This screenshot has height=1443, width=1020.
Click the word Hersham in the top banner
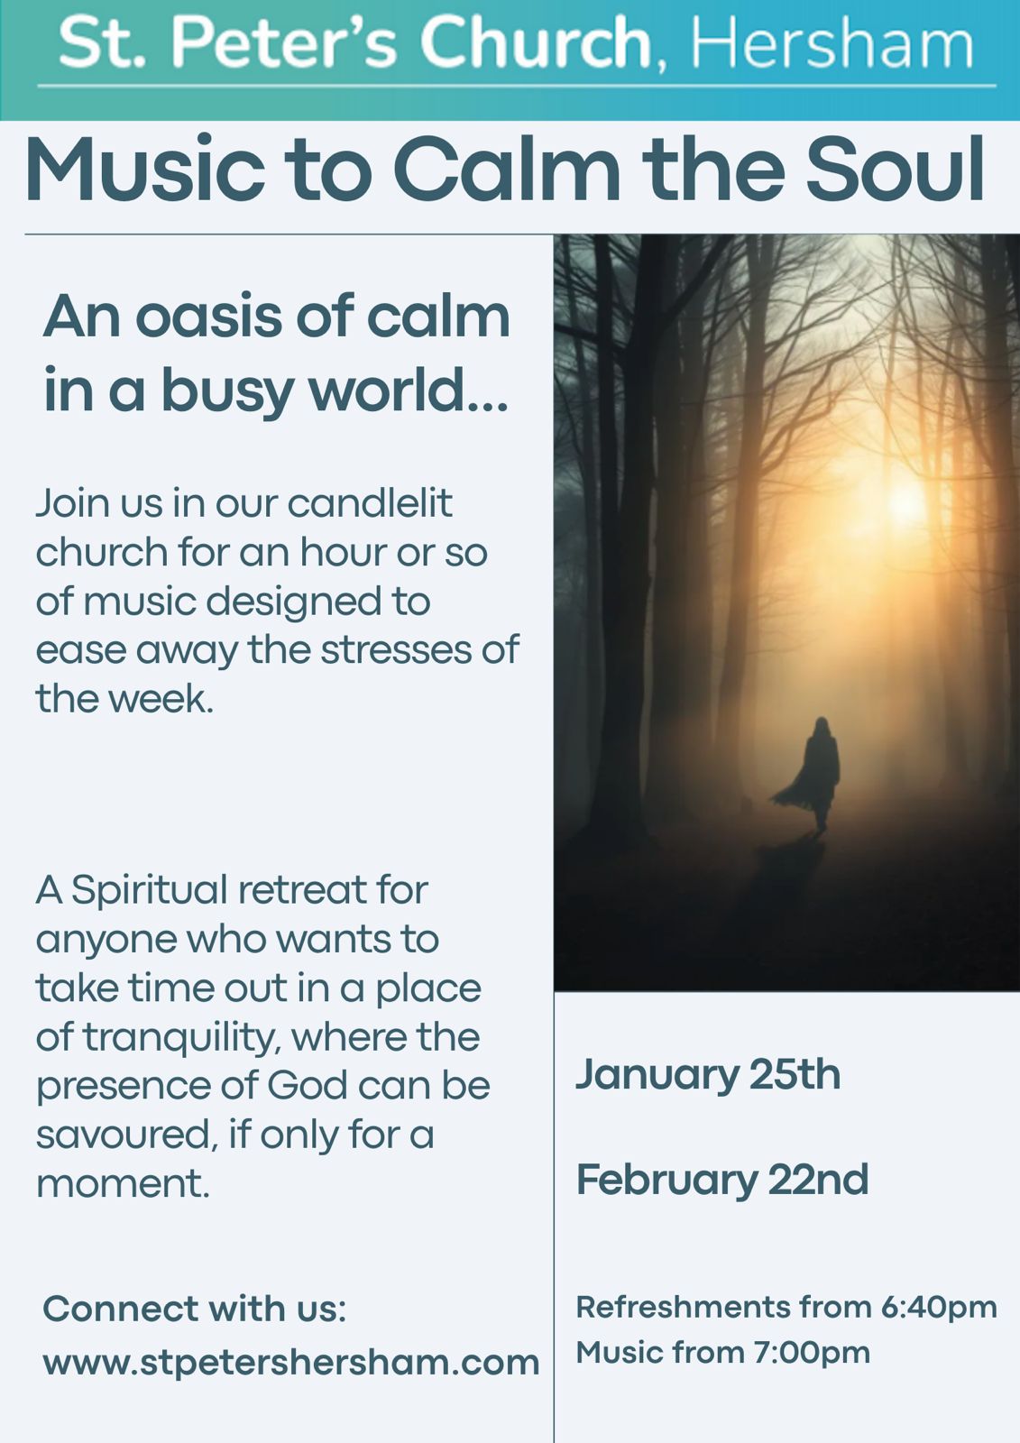pyautogui.click(x=832, y=43)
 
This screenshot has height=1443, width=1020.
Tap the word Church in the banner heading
pyautogui.click(x=536, y=41)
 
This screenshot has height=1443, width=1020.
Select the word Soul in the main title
pyautogui.click(x=895, y=170)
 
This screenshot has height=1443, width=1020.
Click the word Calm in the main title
pyautogui.click(x=507, y=170)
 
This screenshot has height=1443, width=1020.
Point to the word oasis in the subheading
pyautogui.click(x=209, y=317)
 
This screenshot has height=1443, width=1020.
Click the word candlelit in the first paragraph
pyautogui.click(x=369, y=503)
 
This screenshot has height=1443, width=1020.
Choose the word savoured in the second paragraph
pyautogui.click(x=124, y=1135)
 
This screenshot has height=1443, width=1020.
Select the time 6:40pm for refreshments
pyautogui.click(x=939, y=1309)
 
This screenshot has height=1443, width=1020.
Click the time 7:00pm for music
pyautogui.click(x=812, y=1353)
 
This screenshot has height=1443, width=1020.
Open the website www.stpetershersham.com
pyautogui.click(x=291, y=1363)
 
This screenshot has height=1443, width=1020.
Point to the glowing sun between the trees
pyautogui.click(x=905, y=502)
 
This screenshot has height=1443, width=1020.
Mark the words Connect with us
pyautogui.click(x=195, y=1309)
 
